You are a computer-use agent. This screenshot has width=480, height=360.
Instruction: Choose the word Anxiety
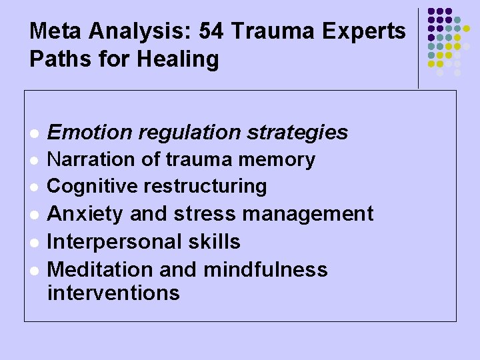(x=86, y=214)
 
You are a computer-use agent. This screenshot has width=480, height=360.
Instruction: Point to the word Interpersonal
(x=111, y=241)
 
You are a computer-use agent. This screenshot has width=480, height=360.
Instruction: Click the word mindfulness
(x=266, y=269)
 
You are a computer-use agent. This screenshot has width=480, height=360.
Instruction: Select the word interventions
(x=114, y=293)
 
